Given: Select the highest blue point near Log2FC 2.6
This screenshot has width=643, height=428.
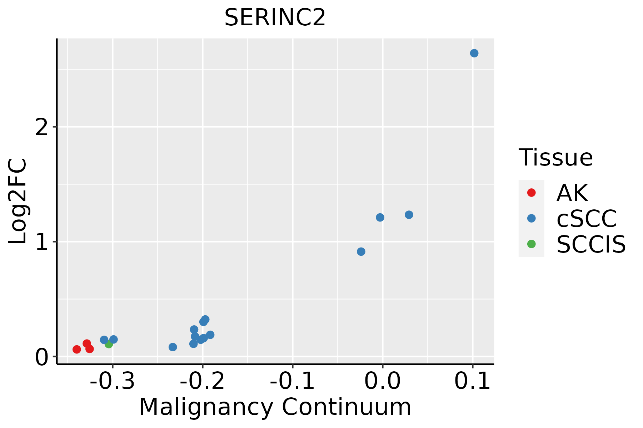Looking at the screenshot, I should (474, 53).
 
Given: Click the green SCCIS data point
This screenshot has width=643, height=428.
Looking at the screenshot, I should (109, 344).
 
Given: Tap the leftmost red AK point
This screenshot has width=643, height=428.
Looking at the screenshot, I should (76, 349).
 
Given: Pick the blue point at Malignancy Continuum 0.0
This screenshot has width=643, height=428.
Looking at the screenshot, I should (380, 217).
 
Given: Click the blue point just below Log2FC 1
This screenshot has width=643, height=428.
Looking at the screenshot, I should (361, 251).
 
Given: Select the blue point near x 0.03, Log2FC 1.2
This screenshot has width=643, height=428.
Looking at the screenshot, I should (409, 215).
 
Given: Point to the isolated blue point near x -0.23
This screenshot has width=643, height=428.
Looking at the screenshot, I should (173, 347).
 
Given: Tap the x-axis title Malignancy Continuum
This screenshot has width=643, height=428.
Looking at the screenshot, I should (275, 407).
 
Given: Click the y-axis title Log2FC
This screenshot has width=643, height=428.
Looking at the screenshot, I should (18, 201).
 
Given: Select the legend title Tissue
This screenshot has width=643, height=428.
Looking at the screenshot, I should (555, 157).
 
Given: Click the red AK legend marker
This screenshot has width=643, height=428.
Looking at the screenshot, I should (531, 193).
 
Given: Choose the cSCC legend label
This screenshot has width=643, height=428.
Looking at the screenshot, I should (587, 218).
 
